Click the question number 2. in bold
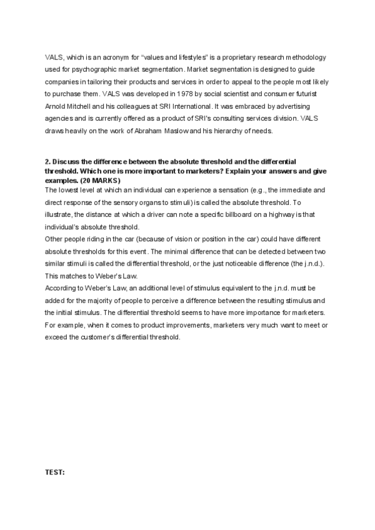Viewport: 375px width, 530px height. [48, 161]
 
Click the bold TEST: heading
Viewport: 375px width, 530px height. [55, 472]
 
